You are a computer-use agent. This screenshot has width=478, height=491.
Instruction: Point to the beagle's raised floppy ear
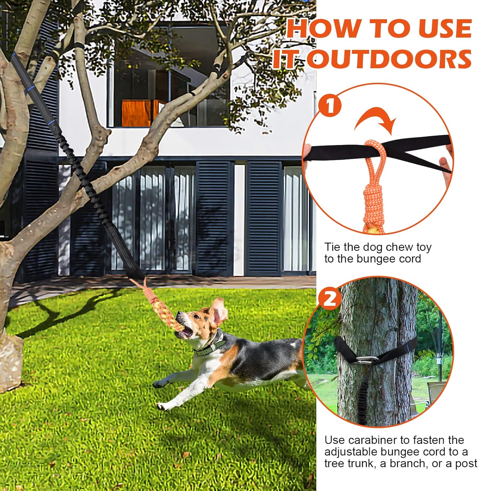point(219,311)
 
